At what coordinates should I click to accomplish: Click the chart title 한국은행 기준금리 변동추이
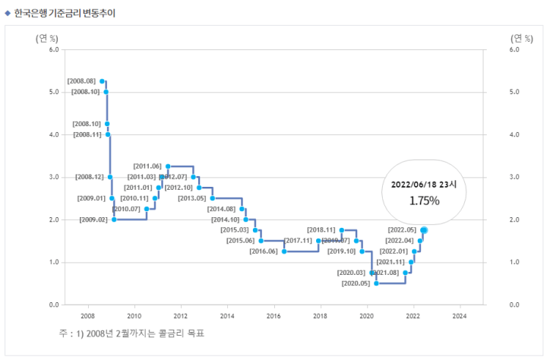65,13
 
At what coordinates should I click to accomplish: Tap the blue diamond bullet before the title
8,13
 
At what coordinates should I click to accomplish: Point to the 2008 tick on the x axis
87,315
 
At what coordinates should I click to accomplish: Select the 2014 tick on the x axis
227,315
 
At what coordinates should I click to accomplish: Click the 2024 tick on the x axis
460,315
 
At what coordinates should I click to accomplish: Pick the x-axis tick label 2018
320,315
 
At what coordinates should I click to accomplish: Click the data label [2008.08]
81,81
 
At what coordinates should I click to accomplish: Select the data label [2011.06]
147,166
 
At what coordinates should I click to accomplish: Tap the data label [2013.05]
192,198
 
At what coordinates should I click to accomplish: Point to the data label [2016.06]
264,251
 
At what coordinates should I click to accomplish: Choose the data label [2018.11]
321,229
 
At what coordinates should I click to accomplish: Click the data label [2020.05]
356,283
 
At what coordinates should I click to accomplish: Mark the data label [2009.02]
93,219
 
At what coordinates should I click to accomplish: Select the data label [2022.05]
402,229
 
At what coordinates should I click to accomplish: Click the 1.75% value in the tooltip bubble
425,201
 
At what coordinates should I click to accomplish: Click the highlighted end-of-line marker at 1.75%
424,229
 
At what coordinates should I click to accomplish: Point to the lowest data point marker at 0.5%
376,283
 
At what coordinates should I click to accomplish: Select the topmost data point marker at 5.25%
102,81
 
